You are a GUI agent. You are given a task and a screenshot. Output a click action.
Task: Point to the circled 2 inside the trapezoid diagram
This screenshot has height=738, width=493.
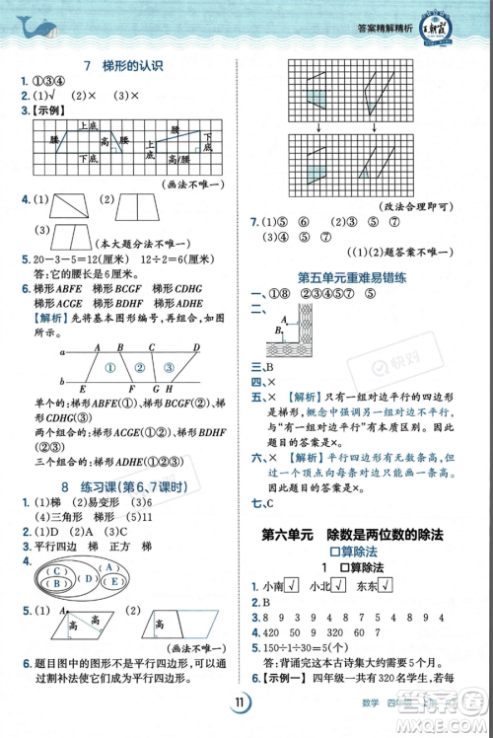coord(141,367)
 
